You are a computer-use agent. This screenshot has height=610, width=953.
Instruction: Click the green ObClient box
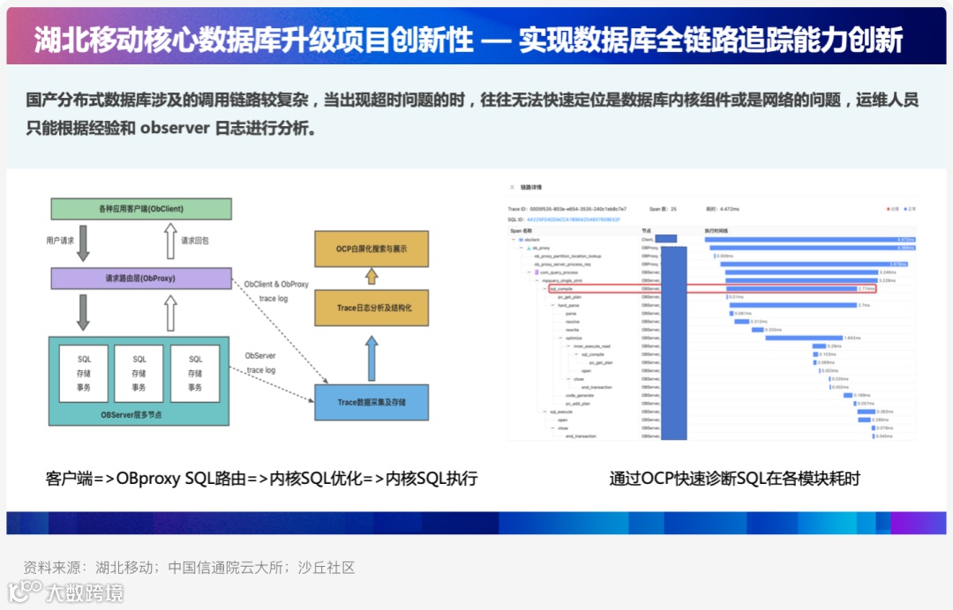tap(141, 209)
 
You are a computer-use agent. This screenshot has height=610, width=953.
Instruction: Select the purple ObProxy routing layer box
tap(141, 278)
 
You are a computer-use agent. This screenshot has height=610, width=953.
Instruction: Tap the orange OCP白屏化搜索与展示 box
tap(371, 249)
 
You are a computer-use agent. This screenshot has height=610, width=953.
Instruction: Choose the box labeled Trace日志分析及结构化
tap(371, 309)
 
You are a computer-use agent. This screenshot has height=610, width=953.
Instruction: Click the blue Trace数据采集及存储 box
tap(371, 402)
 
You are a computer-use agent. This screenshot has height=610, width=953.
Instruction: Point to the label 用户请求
tap(61, 241)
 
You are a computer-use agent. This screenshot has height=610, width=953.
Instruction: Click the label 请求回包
tap(195, 241)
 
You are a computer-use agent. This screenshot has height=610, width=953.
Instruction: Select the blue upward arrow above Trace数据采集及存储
tap(371, 357)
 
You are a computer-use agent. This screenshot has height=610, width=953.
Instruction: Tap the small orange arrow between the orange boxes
tap(371, 277)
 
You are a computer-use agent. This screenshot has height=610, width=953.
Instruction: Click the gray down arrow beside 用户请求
tap(84, 243)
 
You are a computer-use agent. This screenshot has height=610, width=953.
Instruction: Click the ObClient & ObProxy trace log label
tap(276, 291)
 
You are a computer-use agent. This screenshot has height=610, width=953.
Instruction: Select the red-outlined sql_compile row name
tap(562, 288)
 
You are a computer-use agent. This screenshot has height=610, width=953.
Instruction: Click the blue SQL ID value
tap(574, 219)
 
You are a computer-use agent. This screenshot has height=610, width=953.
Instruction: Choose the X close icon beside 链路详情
tap(510, 188)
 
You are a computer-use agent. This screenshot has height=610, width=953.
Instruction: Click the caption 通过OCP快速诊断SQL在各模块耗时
tap(734, 479)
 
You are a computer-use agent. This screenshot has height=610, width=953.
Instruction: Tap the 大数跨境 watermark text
tap(86, 592)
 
